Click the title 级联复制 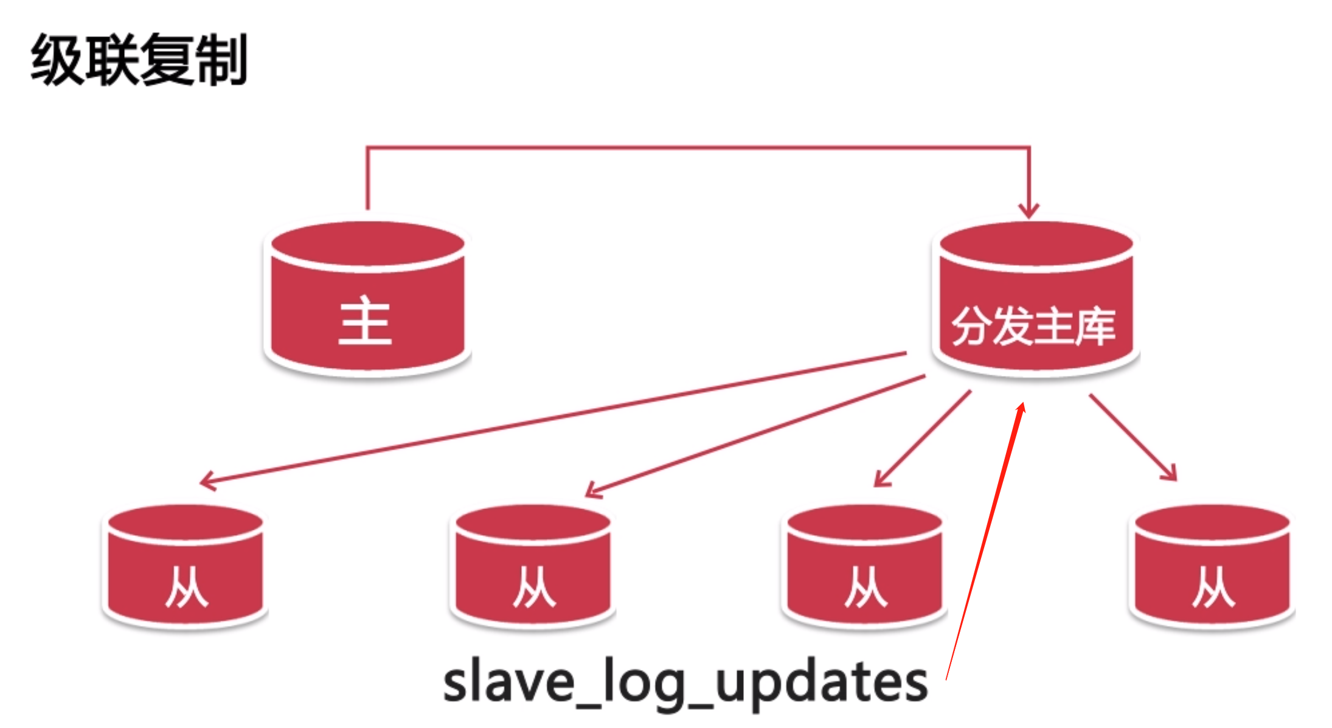139,60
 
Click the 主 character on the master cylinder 365,321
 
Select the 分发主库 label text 1033,327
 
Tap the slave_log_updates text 685,683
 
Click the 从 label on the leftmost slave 186,587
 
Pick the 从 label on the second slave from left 533,587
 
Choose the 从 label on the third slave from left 865,587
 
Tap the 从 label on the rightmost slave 1213,587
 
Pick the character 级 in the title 57,60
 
